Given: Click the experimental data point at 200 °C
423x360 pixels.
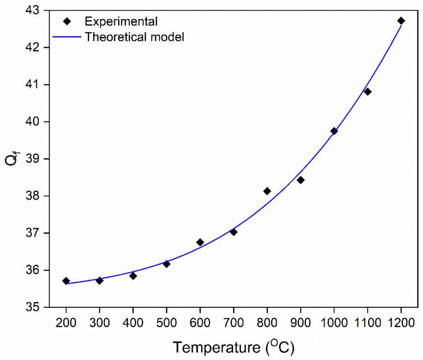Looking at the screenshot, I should tap(66, 281).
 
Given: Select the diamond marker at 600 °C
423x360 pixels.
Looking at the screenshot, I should tap(200, 242).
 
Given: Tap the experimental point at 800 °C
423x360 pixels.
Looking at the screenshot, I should tap(267, 191).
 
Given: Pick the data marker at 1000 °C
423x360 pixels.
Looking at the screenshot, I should tap(334, 131).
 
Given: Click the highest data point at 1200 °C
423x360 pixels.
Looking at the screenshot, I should tap(401, 21).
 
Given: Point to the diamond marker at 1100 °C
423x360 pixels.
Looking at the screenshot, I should tap(368, 91).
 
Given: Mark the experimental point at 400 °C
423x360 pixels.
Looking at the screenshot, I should tap(133, 276).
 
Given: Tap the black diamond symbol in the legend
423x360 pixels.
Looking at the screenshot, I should tap(67, 22).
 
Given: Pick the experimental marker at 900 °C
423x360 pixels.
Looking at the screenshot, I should tap(300, 180).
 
